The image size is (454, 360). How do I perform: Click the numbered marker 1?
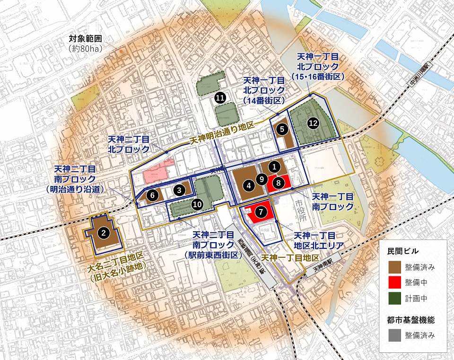pos(275,166)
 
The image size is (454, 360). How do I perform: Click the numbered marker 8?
pos(279,182)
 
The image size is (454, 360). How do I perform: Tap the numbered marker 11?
pos(220,98)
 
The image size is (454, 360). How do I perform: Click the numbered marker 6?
pos(152,194)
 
